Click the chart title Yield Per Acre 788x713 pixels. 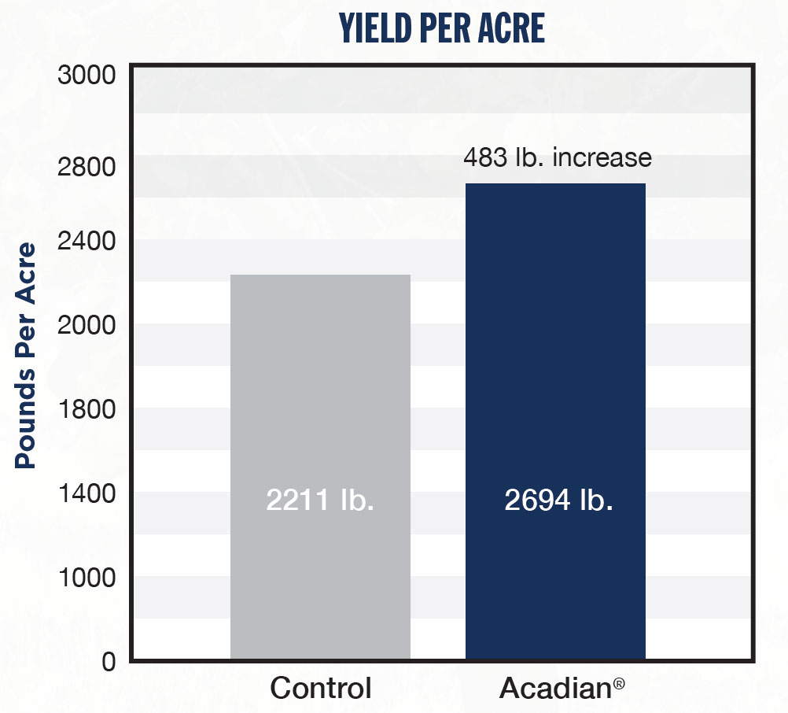tap(442, 28)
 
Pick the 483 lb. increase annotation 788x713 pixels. tap(557, 157)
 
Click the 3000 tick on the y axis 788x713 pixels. tap(87, 76)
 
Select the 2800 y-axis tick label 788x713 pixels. tap(87, 167)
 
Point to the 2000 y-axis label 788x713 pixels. tap(87, 324)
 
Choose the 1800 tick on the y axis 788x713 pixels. tap(87, 408)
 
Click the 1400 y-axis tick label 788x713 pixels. tap(87, 493)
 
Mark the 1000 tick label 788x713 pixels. tap(87, 578)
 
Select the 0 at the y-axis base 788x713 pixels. tap(108, 662)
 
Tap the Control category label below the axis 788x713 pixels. tap(321, 689)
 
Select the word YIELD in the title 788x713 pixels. tap(372, 28)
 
